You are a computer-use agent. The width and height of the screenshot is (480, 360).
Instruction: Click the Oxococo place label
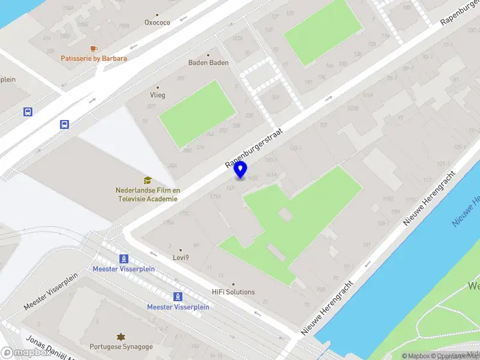[157, 23]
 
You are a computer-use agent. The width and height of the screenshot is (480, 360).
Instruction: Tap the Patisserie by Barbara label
[94, 58]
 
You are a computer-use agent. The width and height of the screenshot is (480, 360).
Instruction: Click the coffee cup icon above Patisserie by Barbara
[93, 48]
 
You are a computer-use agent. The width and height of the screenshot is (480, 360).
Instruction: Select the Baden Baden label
[208, 62]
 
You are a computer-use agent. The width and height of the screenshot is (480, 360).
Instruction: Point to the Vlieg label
[158, 95]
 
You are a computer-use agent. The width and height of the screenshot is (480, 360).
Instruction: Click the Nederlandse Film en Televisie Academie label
[148, 194]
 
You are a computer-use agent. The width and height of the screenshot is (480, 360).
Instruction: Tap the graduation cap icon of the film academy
[148, 180]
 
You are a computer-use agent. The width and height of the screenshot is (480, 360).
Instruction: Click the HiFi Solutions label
[233, 292]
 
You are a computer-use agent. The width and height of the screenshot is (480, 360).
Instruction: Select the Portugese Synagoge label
[121, 347]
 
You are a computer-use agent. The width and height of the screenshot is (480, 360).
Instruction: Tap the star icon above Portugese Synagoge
[122, 336]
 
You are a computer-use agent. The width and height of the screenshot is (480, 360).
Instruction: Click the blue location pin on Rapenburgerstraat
[241, 169]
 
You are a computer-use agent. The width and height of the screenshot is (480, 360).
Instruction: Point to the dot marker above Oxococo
[157, 15]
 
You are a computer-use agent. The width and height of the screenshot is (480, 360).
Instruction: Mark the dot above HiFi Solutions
[233, 284]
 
